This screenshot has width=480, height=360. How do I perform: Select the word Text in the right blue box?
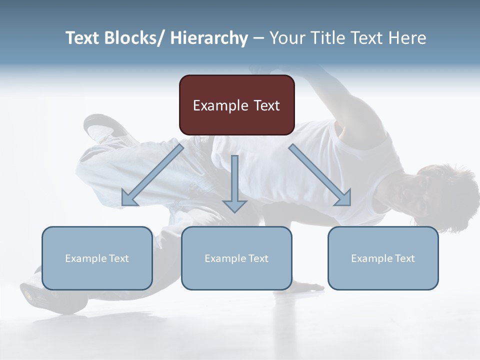click(x=403, y=258)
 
